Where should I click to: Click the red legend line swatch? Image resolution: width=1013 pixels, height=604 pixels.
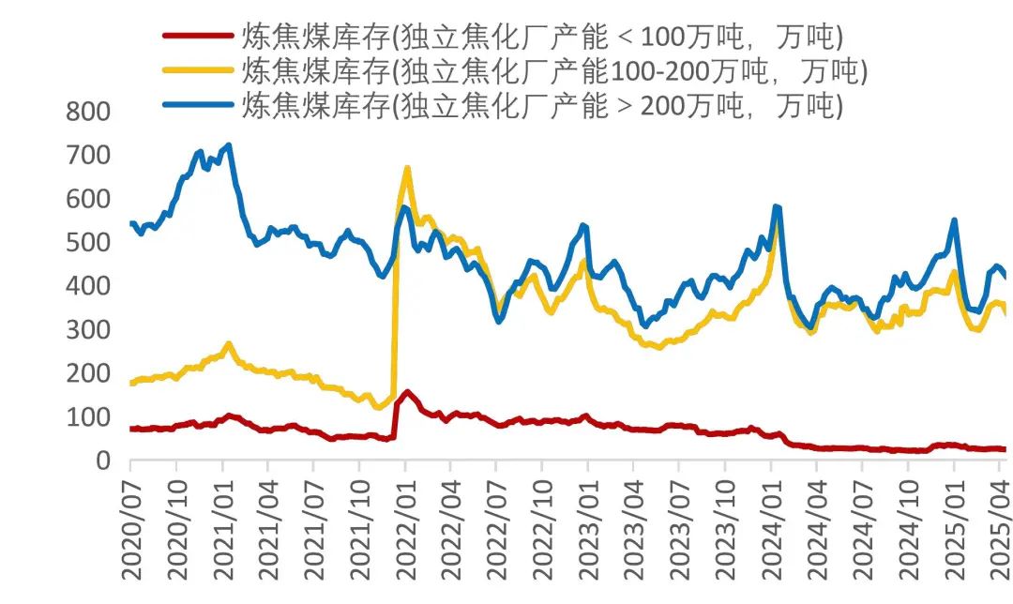coord(197,36)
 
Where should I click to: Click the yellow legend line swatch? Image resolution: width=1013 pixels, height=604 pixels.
coord(197,70)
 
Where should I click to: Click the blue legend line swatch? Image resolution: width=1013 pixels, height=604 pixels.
coord(197,103)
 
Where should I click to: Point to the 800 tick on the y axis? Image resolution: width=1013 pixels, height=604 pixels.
coord(88,113)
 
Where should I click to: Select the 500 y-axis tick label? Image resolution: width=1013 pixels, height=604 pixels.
coord(88,243)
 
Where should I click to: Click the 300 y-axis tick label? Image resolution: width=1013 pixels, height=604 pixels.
coord(88,330)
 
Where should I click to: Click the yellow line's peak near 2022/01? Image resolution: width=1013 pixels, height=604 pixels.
coord(407,169)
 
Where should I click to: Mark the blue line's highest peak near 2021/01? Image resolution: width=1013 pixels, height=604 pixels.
coord(229,145)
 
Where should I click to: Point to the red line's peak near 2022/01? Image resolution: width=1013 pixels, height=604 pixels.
coord(407,392)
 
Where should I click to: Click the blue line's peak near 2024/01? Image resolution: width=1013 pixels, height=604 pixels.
coord(776,206)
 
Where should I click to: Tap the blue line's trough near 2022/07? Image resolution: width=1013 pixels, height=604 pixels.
coord(499,321)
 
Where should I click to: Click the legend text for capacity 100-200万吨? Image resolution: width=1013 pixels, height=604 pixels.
coord(553,70)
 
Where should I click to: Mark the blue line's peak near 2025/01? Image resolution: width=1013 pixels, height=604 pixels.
coord(954,220)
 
